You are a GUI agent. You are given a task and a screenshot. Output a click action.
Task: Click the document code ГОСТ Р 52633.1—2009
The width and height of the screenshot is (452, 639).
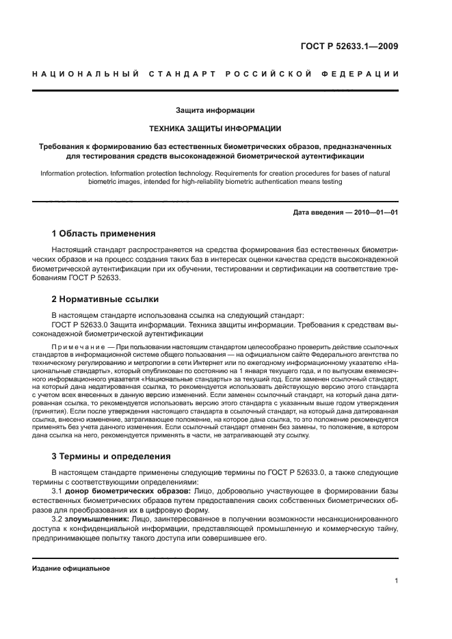(349, 47)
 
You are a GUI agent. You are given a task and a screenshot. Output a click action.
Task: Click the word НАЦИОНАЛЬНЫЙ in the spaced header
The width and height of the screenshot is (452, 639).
(85, 74)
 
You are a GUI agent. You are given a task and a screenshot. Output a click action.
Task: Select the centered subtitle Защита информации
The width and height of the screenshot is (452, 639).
(215, 110)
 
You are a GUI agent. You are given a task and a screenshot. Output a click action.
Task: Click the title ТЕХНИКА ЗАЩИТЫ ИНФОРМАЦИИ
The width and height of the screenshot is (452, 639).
(215, 128)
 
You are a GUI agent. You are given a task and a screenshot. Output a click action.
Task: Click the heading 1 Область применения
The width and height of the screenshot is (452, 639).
(104, 234)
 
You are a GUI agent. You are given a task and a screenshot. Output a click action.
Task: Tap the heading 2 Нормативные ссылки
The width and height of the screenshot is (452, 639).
(105, 299)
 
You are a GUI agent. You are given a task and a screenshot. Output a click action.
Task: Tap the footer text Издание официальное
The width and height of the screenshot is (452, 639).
(70, 569)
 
